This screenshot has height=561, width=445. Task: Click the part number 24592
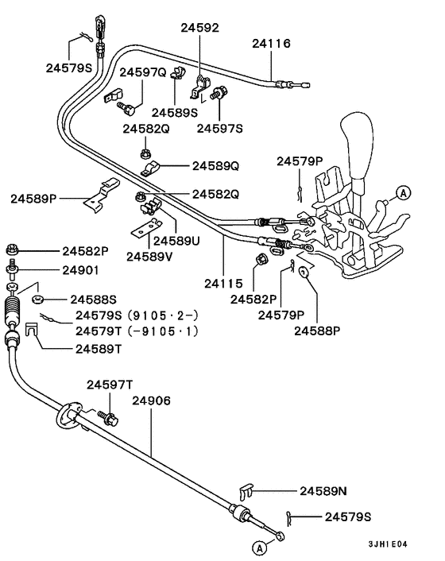(x=199, y=28)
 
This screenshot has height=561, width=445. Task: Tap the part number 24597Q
(x=143, y=73)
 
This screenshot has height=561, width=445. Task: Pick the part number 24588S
(x=94, y=300)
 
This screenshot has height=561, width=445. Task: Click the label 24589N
(x=323, y=491)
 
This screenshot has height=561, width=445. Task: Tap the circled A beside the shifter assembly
(x=403, y=192)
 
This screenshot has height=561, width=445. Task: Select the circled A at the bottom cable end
(x=258, y=547)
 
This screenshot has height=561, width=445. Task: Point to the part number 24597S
(x=220, y=127)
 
